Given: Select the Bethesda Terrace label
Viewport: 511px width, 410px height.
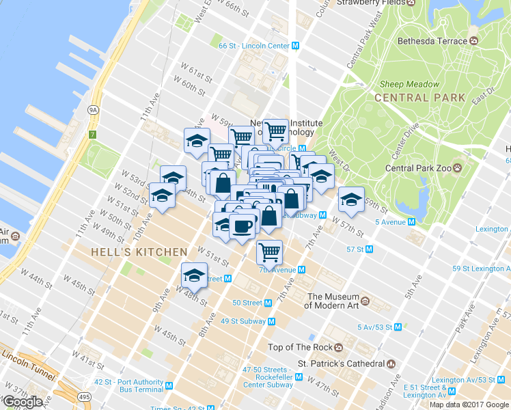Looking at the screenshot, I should click(432, 41).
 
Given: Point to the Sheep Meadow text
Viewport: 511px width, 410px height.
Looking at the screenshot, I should click(409, 84).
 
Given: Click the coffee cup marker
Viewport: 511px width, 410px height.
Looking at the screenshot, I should click(243, 225).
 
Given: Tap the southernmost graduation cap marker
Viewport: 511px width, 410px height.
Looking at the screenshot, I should click(194, 275).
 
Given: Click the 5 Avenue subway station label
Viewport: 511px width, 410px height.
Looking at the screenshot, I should click(385, 221).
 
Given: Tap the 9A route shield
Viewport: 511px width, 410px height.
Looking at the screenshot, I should click(94, 109).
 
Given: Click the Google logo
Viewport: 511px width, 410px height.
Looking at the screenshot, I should click(23, 402).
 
